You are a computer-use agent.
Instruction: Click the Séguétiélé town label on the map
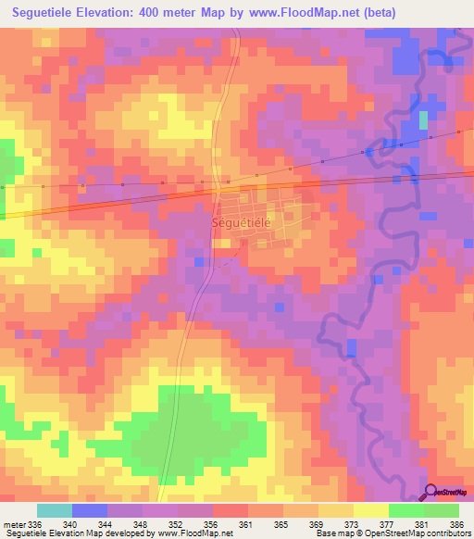point(242,223)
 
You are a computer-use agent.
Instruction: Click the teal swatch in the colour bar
point(55,510)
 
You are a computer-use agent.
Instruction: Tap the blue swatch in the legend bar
point(90,510)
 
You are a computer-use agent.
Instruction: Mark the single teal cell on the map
point(424,119)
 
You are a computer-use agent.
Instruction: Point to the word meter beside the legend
point(14,497)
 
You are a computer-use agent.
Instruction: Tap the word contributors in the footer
point(449,533)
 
